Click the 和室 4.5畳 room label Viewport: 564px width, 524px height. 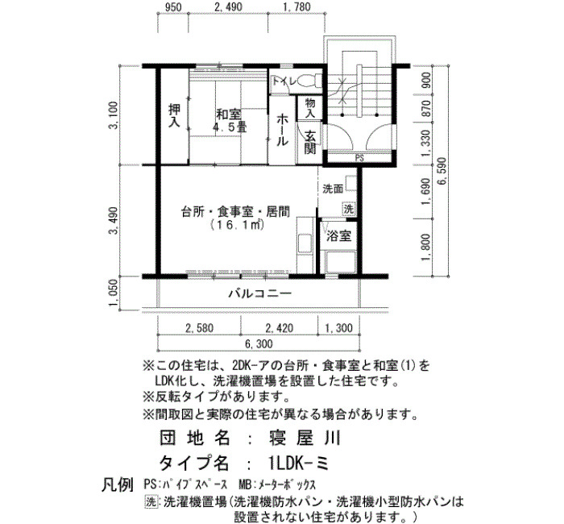pyautogui.click(x=231, y=121)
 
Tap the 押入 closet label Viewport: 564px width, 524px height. pyautogui.click(x=175, y=116)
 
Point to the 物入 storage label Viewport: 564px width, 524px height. pyautogui.click(x=310, y=107)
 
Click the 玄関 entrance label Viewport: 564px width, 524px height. pyautogui.click(x=309, y=142)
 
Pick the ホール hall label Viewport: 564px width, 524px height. pyautogui.click(x=282, y=130)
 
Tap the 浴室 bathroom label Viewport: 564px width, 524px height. pyautogui.click(x=339, y=236)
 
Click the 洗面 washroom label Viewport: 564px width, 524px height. pyautogui.click(x=333, y=189)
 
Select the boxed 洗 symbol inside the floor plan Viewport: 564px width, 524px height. pyautogui.click(x=348, y=209)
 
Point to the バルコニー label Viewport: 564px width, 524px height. pyautogui.click(x=260, y=293)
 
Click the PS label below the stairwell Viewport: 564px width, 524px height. pyautogui.click(x=359, y=158)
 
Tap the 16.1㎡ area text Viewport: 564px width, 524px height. pyautogui.click(x=238, y=225)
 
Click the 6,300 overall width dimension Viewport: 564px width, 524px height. pyautogui.click(x=259, y=344)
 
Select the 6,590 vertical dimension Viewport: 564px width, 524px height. pyautogui.click(x=442, y=171)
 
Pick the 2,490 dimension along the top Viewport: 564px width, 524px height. pyautogui.click(x=228, y=6)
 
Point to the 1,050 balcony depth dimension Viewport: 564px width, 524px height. pyautogui.click(x=114, y=293)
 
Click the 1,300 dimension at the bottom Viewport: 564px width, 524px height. pyautogui.click(x=339, y=328)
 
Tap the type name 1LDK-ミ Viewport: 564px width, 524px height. pyautogui.click(x=299, y=463)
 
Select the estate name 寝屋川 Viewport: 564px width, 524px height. pyautogui.click(x=305, y=438)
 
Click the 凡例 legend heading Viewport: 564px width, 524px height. pyautogui.click(x=118, y=484)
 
